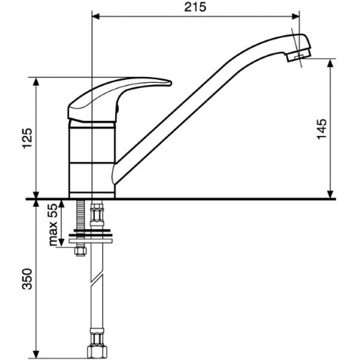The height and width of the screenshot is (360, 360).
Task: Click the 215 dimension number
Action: click(195, 7)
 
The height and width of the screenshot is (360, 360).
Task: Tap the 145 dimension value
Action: click(322, 129)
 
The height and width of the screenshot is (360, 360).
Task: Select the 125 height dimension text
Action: click(27, 138)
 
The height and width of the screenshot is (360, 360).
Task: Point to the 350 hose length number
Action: click(27, 279)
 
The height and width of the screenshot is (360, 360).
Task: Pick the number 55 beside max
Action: click(53, 210)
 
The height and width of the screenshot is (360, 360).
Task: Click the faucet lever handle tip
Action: click(170, 83)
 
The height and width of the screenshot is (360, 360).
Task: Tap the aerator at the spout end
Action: click(299, 56)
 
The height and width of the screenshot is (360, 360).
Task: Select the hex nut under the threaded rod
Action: click(80, 251)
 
